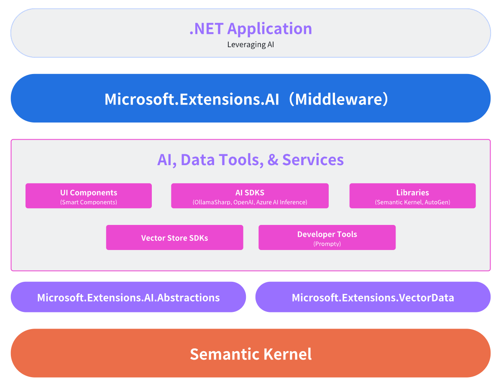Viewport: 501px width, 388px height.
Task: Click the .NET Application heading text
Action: (250, 29)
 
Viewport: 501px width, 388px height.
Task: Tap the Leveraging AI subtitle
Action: (250, 44)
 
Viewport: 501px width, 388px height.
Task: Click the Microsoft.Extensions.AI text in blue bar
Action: (192, 99)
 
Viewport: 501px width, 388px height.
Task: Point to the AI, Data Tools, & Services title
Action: (250, 160)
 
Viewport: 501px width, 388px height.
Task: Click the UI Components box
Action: (89, 196)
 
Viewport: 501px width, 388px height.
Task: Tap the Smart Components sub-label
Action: (89, 202)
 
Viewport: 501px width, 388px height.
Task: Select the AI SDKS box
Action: (250, 196)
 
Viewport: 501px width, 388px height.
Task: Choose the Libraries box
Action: (412, 196)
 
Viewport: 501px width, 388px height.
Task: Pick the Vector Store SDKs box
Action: (174, 237)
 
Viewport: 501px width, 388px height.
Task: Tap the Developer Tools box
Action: (327, 237)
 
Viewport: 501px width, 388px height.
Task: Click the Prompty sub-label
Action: (327, 244)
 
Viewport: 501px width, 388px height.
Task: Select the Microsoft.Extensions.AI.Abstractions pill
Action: (128, 297)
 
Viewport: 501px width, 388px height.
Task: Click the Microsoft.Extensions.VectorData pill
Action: (373, 297)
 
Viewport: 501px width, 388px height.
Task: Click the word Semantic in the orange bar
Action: (224, 354)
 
